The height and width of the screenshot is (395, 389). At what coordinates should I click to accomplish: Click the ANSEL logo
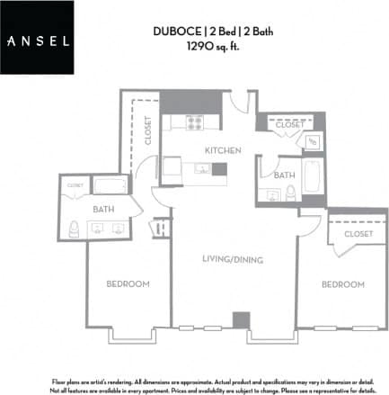click(x=38, y=39)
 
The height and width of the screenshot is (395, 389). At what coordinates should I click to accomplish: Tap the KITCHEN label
click(x=220, y=150)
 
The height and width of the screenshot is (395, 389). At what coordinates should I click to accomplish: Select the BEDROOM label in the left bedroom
click(x=127, y=284)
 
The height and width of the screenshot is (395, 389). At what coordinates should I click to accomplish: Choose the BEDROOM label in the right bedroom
click(x=343, y=284)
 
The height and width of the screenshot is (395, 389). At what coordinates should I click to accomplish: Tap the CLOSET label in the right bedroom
click(x=357, y=233)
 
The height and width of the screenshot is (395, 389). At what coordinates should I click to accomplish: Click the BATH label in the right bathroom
click(x=286, y=175)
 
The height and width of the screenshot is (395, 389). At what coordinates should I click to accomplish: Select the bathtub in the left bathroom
click(x=112, y=185)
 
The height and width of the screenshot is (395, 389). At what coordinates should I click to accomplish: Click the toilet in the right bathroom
click(x=290, y=192)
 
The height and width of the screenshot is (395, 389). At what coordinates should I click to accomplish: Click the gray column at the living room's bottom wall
click(x=239, y=320)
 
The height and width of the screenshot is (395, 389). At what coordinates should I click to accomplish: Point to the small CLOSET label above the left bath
click(x=75, y=185)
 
